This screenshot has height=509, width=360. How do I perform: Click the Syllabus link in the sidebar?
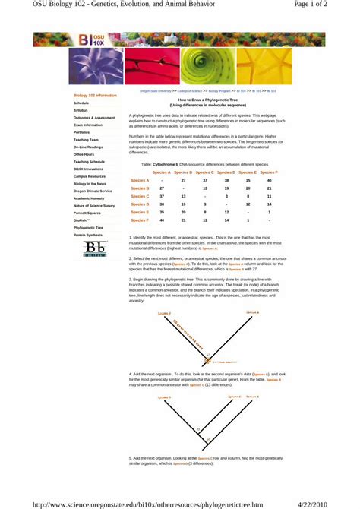pyautogui.click(x=81, y=110)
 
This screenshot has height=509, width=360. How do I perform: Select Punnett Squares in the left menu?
pyautogui.click(x=87, y=213)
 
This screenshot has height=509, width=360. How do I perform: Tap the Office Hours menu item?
pyautogui.click(x=84, y=154)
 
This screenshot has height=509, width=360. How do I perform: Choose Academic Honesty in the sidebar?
pyautogui.click(x=89, y=198)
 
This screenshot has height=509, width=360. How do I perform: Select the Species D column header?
pyautogui.click(x=226, y=172)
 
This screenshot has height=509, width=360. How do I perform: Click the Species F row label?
pyautogui.click(x=140, y=220)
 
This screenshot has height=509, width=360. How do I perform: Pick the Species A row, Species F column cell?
pyautogui.click(x=269, y=180)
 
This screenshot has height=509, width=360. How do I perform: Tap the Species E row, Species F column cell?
pyautogui.click(x=269, y=212)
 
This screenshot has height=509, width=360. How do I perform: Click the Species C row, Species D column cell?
pyautogui.click(x=226, y=196)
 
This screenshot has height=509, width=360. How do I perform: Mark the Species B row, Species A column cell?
pyautogui.click(x=162, y=188)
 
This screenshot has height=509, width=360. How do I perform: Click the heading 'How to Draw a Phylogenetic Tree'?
pyautogui.click(x=207, y=100)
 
